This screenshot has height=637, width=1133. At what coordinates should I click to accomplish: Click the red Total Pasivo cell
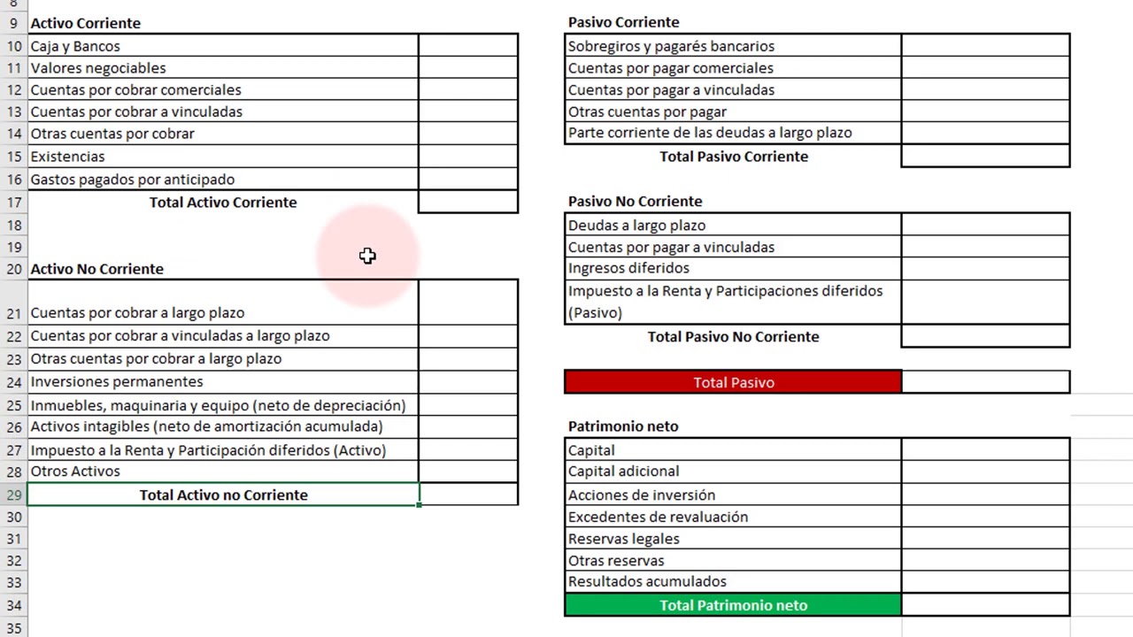(733, 382)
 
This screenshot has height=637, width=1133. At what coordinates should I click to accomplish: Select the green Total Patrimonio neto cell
(733, 605)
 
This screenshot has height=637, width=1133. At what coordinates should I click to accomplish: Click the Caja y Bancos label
(75, 46)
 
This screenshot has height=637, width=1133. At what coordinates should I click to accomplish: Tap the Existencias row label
(67, 157)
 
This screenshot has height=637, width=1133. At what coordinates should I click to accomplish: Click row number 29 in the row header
(13, 495)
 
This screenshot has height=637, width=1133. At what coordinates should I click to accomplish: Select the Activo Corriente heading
(85, 23)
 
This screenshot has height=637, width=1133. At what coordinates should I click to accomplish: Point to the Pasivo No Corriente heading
(635, 202)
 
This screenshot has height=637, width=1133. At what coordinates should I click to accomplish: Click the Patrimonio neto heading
(623, 426)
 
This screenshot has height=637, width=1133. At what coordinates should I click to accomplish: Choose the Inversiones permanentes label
(117, 381)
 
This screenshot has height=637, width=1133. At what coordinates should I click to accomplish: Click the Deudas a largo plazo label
(636, 225)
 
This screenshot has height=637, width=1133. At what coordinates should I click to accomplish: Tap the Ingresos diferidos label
(628, 268)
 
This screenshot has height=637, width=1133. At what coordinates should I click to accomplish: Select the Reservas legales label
(624, 539)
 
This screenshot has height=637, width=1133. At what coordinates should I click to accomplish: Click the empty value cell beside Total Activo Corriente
(467, 202)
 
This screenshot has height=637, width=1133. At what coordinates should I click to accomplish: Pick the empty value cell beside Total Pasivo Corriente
(984, 157)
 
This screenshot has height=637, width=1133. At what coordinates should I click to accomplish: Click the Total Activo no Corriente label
(223, 495)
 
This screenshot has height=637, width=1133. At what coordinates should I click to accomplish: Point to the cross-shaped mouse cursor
(367, 256)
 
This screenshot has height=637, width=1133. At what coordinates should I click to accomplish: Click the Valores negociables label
(98, 68)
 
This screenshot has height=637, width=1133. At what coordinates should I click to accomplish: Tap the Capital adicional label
(624, 472)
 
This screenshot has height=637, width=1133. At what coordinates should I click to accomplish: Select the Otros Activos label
(75, 472)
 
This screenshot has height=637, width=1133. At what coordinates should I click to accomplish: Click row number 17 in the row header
(13, 203)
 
